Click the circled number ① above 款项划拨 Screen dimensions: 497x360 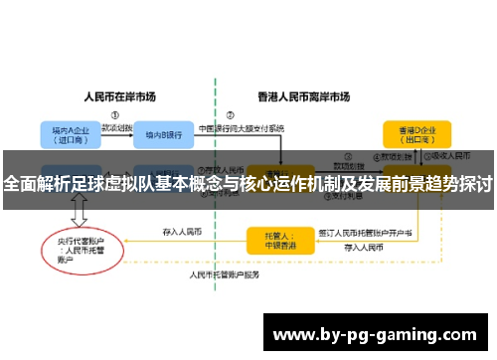point(115,113)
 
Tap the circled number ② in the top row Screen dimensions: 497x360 point(231,113)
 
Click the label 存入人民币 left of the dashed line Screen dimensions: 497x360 point(182,232)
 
